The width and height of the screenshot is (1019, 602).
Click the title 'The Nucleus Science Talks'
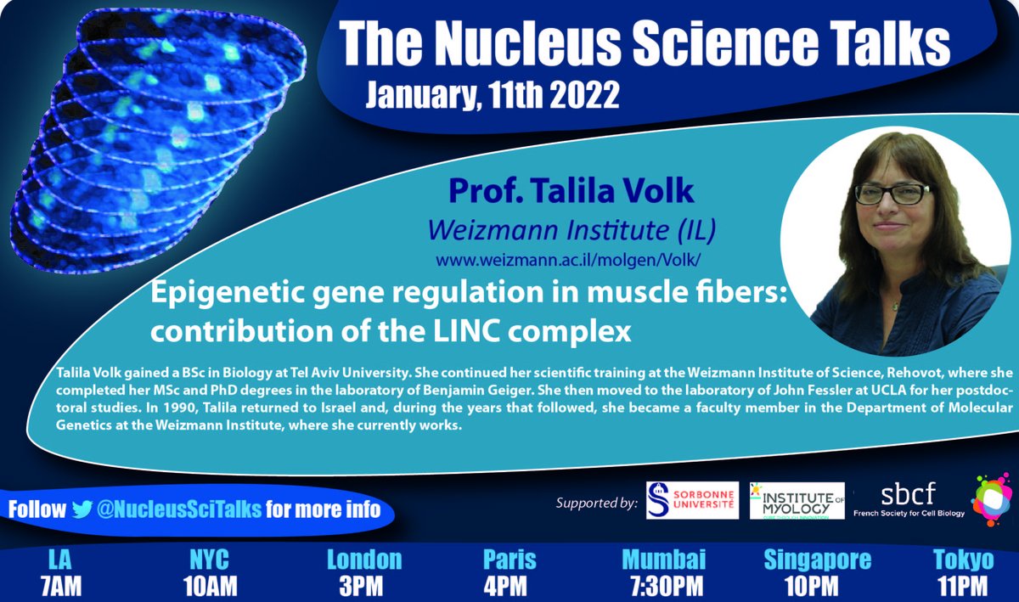click(x=644, y=41)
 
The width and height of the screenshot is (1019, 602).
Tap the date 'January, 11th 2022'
click(x=493, y=93)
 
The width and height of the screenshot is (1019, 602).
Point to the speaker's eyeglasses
click(x=892, y=194)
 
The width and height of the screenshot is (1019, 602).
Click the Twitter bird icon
click(x=82, y=509)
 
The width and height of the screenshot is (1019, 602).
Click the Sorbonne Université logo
click(x=692, y=500)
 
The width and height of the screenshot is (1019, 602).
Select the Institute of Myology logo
click(x=797, y=500)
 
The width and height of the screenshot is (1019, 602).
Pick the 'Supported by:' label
click(x=596, y=503)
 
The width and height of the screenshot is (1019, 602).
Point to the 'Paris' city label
click(x=509, y=560)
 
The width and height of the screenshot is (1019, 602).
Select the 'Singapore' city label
click(x=817, y=560)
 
